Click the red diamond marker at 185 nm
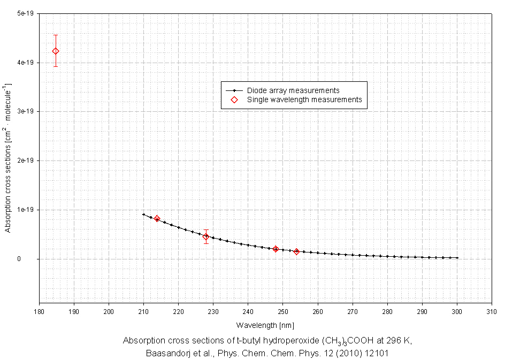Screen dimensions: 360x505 [x=56, y=51]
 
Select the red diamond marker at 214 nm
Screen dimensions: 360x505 [x=157, y=219]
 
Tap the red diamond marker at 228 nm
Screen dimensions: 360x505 [x=206, y=236]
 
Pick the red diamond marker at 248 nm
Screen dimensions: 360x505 [x=276, y=249]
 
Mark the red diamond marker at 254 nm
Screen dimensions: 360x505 [x=296, y=251]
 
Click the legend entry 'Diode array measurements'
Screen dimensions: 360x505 [x=293, y=90]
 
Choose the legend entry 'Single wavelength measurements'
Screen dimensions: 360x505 [x=304, y=99]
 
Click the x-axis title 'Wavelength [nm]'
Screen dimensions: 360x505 [x=265, y=325]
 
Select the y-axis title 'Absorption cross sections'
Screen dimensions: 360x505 [x=8, y=158]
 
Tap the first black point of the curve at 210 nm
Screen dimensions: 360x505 [x=143, y=215]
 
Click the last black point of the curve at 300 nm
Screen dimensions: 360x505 [x=457, y=258]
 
